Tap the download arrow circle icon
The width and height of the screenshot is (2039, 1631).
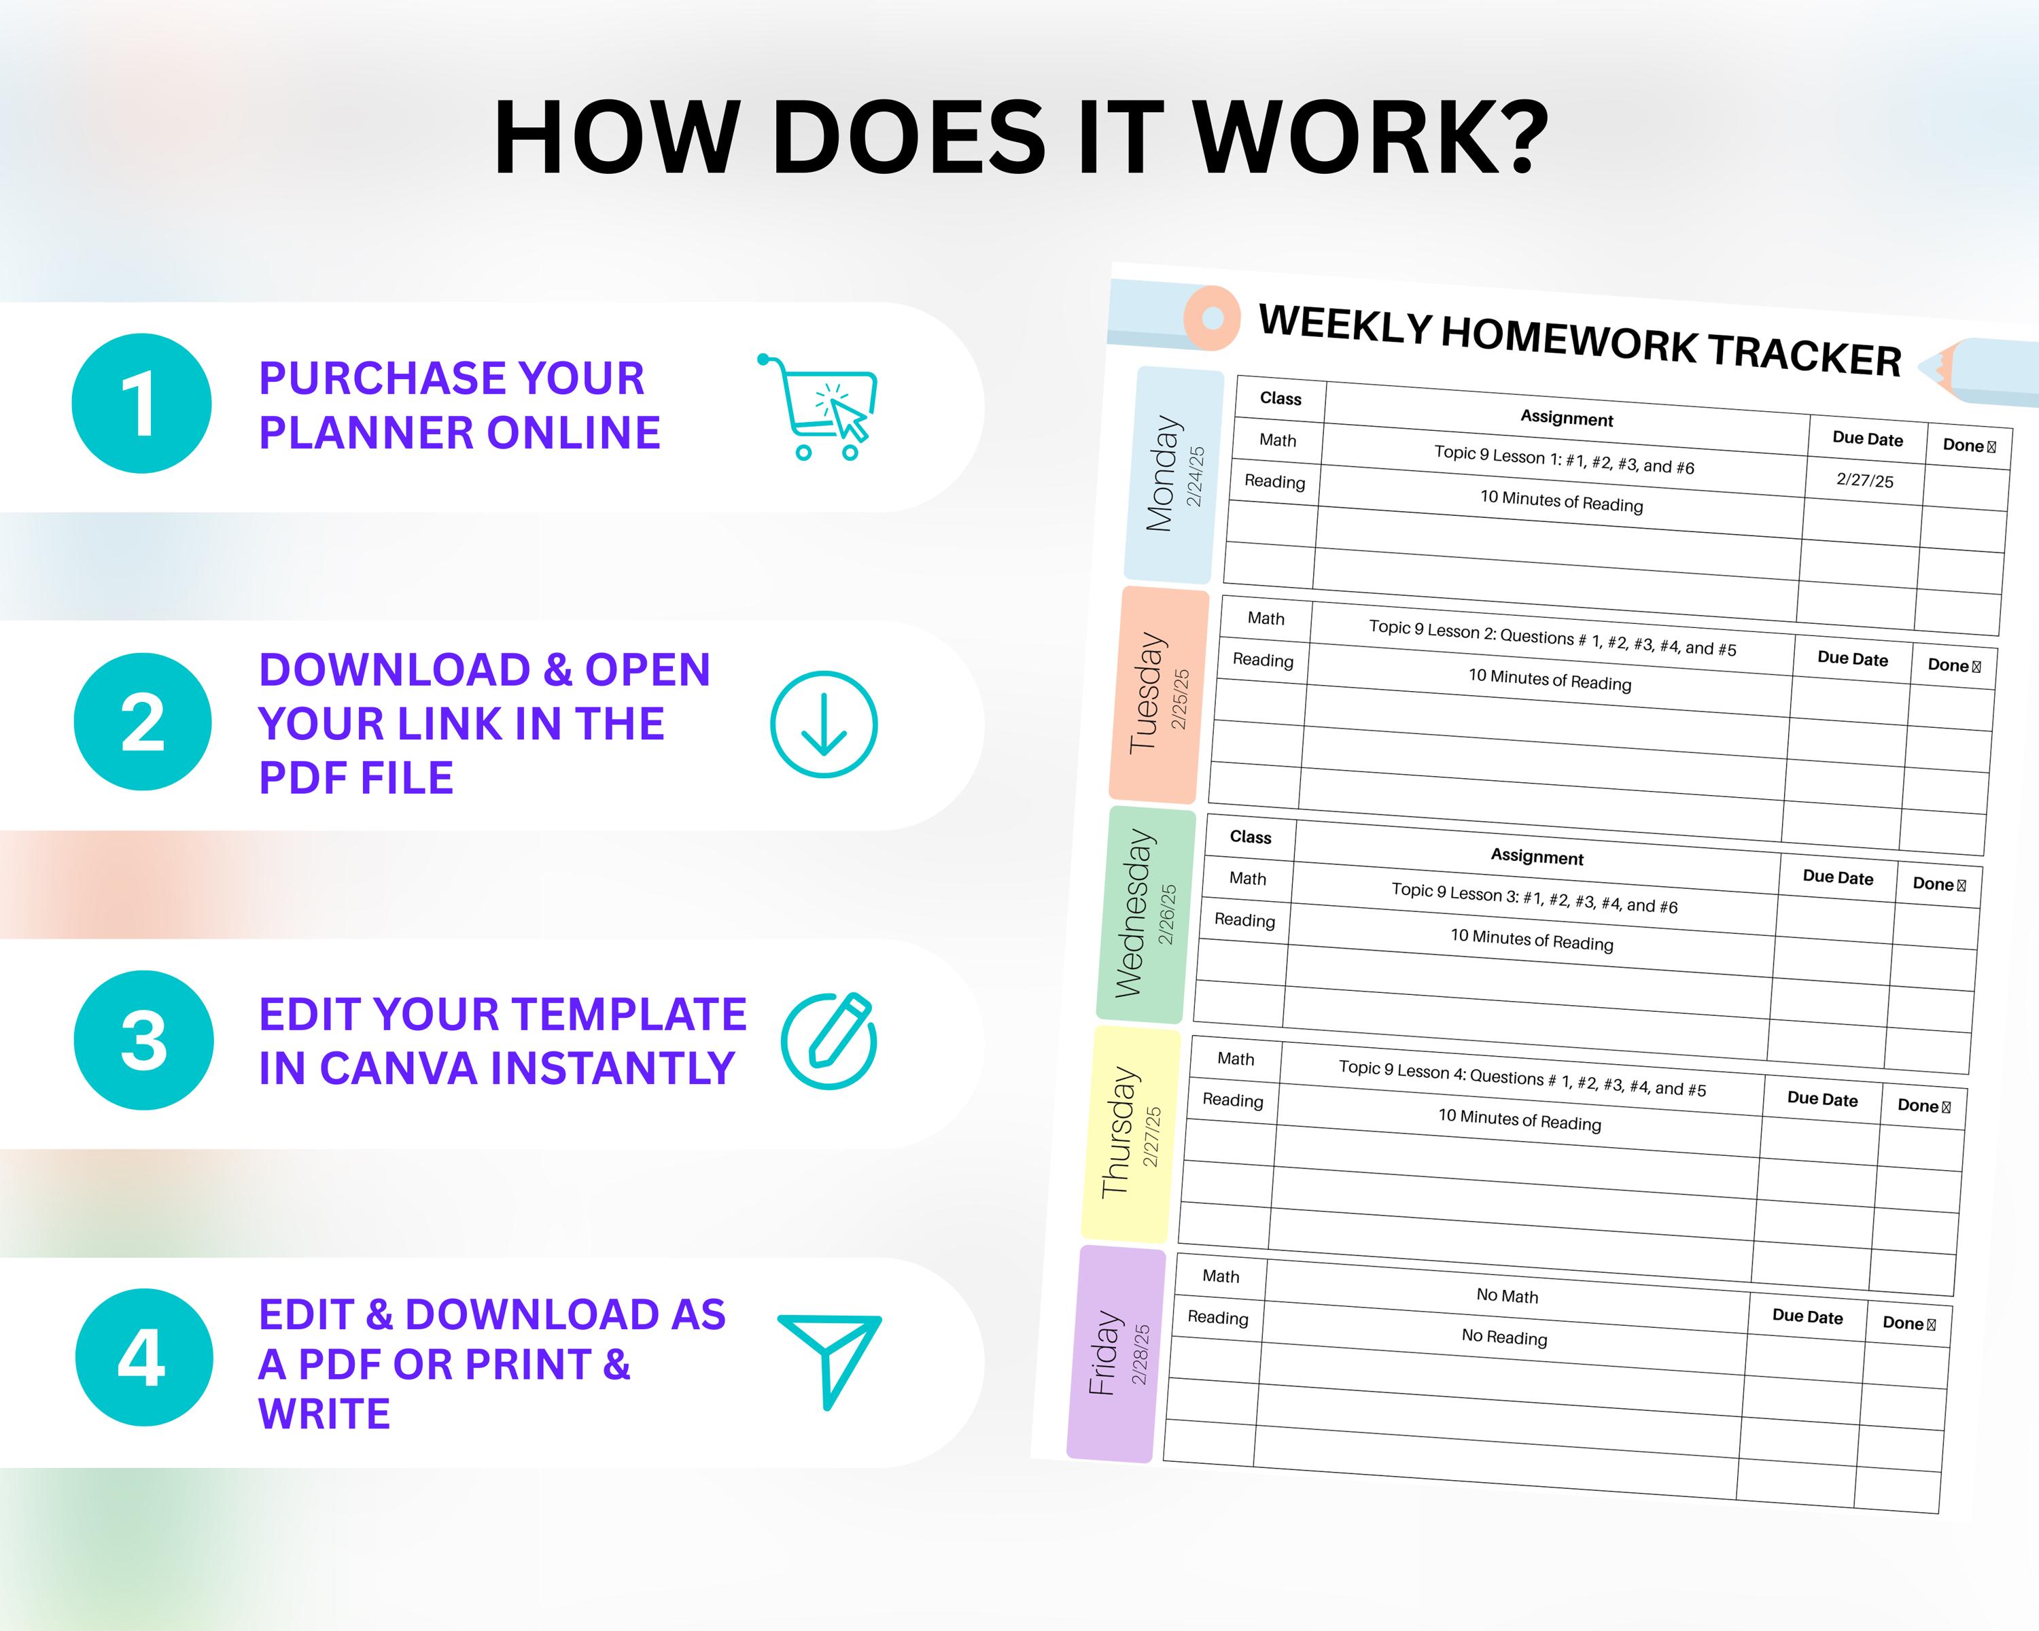(x=824, y=724)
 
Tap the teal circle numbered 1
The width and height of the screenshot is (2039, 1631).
(x=142, y=404)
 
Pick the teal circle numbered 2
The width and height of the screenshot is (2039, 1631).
(x=143, y=722)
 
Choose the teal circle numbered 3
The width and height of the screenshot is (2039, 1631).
(x=144, y=1040)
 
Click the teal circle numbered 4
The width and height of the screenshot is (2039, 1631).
(x=144, y=1358)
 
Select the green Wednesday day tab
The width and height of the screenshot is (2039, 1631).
(x=1145, y=914)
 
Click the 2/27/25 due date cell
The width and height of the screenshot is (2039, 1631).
(x=1864, y=480)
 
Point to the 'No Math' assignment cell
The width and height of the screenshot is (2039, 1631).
(x=1507, y=1295)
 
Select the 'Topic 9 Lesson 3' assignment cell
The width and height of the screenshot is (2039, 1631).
(x=1534, y=898)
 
